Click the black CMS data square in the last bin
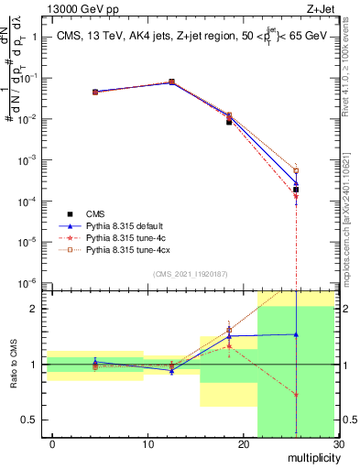pyautogui.click(x=296, y=190)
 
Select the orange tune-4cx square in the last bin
pyautogui.click(x=296, y=170)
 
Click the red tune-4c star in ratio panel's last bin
pyautogui.click(x=296, y=395)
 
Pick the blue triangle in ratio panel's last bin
pyautogui.click(x=296, y=334)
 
